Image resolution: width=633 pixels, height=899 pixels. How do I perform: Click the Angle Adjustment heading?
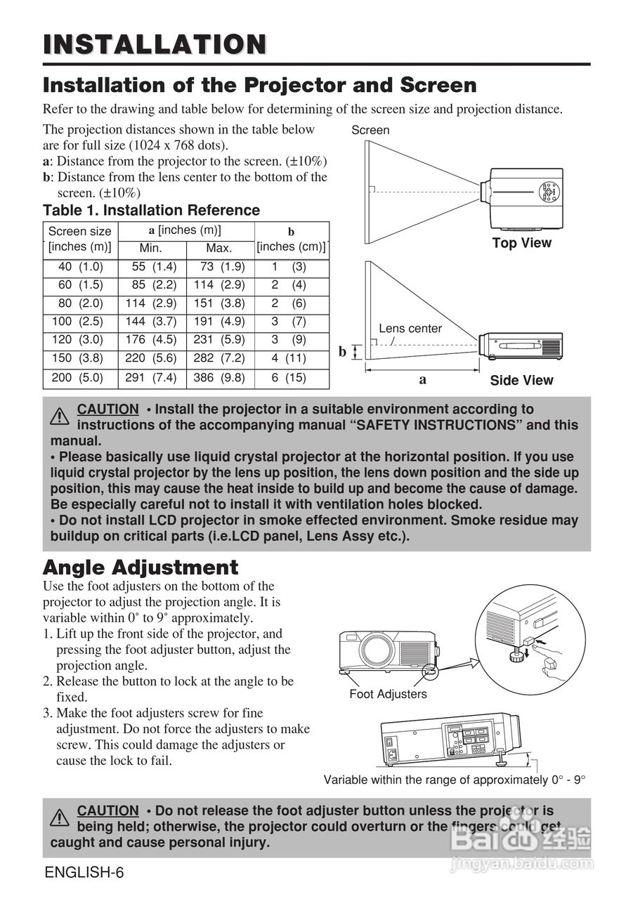[141, 567]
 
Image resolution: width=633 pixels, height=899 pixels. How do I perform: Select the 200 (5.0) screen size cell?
[77, 377]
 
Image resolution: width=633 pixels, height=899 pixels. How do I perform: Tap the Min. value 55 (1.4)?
[154, 267]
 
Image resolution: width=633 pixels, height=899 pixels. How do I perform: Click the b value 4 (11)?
[289, 358]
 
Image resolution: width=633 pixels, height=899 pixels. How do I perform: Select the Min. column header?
[150, 248]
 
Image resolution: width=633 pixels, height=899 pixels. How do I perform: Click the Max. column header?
[218, 248]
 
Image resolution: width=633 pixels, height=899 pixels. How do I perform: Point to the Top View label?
[521, 243]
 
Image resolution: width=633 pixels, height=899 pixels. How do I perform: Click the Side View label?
[521, 380]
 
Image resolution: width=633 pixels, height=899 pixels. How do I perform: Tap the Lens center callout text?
[410, 328]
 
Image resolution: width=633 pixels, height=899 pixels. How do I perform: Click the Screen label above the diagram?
[370, 130]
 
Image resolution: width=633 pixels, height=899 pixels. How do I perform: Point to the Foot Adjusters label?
[388, 694]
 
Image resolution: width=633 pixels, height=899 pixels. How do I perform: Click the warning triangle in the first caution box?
[60, 417]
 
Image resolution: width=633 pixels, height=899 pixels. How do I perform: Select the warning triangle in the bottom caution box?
[60, 818]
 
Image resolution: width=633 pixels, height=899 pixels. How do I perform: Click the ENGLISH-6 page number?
[84, 873]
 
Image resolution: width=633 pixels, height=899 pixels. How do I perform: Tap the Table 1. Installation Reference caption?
[151, 210]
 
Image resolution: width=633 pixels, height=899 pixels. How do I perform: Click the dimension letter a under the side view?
[422, 379]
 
